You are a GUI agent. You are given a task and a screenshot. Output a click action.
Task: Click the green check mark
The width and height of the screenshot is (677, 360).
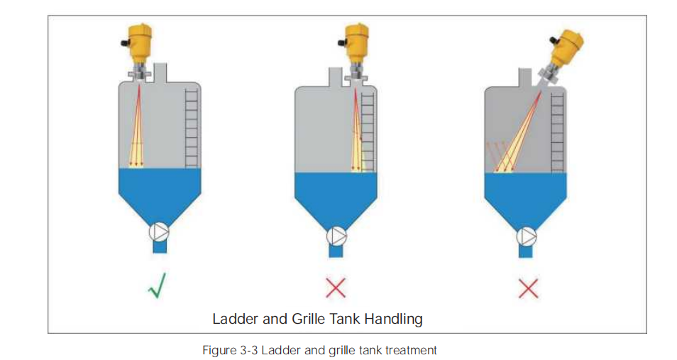[x=160, y=288]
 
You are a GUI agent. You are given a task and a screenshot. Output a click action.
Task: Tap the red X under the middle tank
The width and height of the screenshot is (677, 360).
[x=337, y=288]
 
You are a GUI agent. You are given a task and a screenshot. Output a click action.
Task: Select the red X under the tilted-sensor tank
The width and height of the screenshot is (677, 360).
[x=528, y=288]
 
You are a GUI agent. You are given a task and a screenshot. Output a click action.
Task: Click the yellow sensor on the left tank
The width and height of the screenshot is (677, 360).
[x=139, y=44]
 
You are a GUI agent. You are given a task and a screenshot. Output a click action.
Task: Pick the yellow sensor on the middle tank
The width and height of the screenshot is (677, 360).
[x=357, y=44]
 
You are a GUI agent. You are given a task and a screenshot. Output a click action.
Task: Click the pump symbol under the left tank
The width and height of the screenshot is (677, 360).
[x=159, y=231]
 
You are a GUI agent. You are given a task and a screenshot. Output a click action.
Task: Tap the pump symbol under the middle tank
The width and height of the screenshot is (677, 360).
[x=337, y=235]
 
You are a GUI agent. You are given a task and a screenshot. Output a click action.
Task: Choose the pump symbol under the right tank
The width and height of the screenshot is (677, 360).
[x=527, y=235]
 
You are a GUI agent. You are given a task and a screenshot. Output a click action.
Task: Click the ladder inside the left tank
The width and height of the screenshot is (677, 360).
[x=190, y=128]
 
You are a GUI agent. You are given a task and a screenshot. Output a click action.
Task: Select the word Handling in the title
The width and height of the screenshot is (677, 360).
[x=393, y=319]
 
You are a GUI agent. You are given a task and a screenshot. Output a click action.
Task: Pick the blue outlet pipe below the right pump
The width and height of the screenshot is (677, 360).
[x=527, y=251]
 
